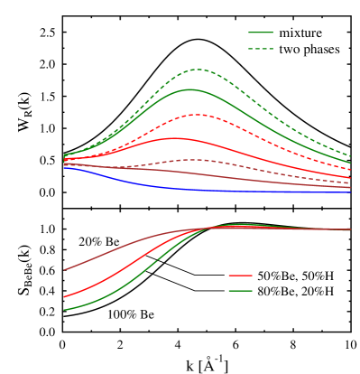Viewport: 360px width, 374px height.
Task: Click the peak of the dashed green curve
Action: click(x=197, y=69)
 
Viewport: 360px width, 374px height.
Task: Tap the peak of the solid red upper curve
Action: click(x=173, y=138)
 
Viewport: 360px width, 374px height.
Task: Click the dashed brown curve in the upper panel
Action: click(x=194, y=160)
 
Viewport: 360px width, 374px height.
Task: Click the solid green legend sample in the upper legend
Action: click(x=261, y=33)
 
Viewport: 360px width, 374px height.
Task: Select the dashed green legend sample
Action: click(x=261, y=49)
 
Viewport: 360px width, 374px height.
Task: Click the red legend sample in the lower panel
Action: click(x=240, y=275)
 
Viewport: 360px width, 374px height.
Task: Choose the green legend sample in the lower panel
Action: click(x=240, y=291)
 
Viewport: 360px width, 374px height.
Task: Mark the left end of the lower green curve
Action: click(x=64, y=310)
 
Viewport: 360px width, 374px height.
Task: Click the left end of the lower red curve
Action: click(x=64, y=296)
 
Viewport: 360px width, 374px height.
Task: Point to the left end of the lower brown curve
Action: click(x=64, y=269)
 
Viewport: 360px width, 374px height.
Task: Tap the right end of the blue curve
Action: click(x=351, y=192)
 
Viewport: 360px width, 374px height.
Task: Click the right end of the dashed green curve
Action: click(x=351, y=156)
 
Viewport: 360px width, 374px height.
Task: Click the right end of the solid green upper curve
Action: click(x=351, y=164)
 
